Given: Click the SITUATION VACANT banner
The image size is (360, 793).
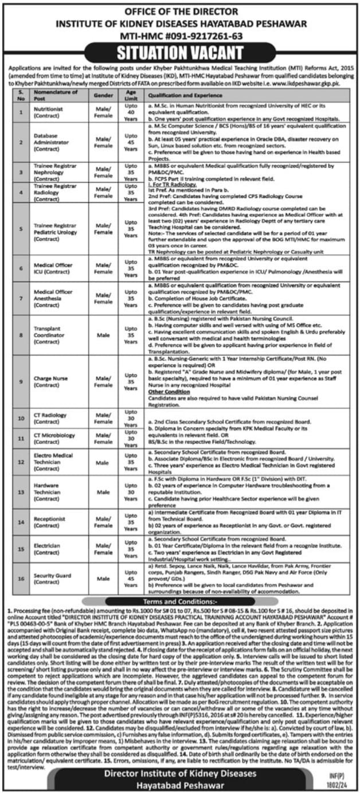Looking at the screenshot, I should (x=179, y=53).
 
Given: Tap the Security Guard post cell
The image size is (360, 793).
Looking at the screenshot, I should (x=56, y=579).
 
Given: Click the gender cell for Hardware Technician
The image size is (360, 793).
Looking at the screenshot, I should (x=103, y=492).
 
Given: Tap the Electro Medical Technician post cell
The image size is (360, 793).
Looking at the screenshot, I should (x=56, y=461).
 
